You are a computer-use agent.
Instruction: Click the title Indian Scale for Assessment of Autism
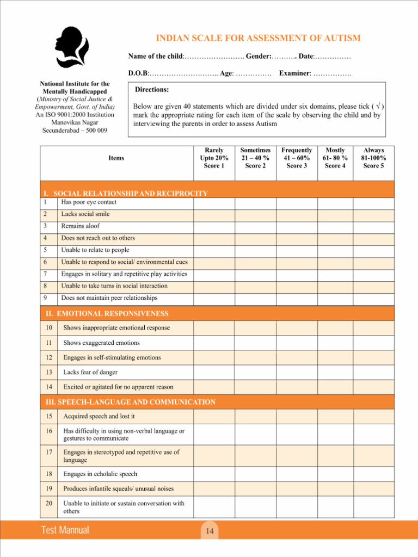pyautogui.click(x=258, y=38)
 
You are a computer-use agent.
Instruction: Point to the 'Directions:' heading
pyautogui.click(x=152, y=89)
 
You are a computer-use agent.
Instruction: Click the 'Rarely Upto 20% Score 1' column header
pyautogui.click(x=214, y=158)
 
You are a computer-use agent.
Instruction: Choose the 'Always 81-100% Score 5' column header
pyautogui.click(x=373, y=158)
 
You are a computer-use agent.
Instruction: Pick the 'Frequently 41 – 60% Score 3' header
pyautogui.click(x=297, y=158)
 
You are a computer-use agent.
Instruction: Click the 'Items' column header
pyautogui.click(x=116, y=158)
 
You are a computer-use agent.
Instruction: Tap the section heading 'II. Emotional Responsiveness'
pyautogui.click(x=107, y=313)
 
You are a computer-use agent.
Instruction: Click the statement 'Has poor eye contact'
pyautogui.click(x=88, y=202)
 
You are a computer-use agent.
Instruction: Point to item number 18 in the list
pyautogui.click(x=49, y=474)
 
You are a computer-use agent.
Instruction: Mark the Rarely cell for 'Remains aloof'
pyautogui.click(x=214, y=226)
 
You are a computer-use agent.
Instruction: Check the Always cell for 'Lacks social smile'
pyautogui.click(x=373, y=214)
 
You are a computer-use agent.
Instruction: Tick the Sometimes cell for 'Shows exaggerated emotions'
pyautogui.click(x=255, y=343)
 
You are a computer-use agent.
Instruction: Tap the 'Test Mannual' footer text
pyautogui.click(x=65, y=530)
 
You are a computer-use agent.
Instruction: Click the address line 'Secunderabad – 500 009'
pyautogui.click(x=75, y=131)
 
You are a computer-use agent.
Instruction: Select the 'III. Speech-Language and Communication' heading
pyautogui.click(x=130, y=402)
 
